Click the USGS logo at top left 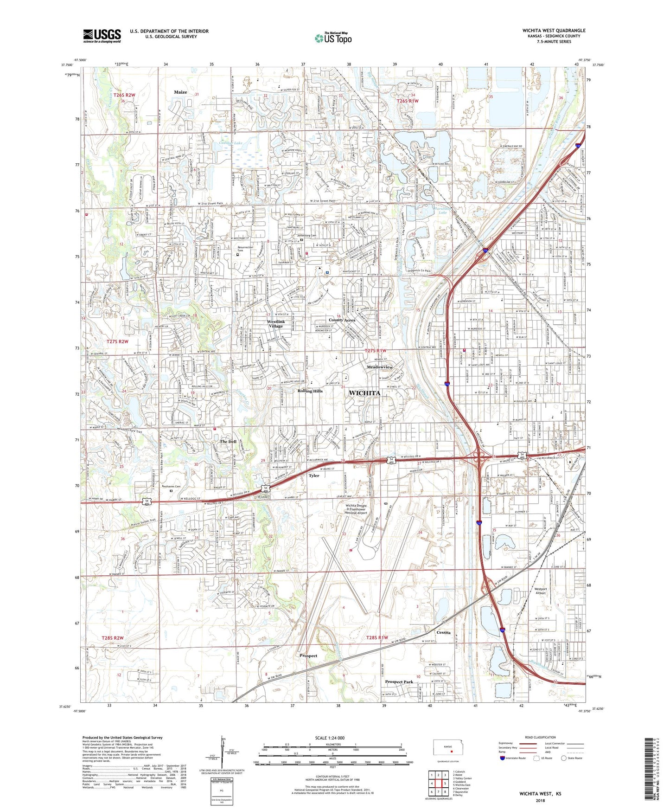(x=102, y=36)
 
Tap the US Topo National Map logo (x=332, y=38)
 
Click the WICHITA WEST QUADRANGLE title (x=554, y=31)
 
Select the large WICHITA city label (x=364, y=393)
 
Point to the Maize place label (x=180, y=92)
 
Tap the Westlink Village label (x=276, y=324)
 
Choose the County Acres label (x=342, y=320)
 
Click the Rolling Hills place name (x=310, y=391)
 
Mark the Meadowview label (x=379, y=367)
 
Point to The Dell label (x=228, y=442)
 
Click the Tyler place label (x=314, y=476)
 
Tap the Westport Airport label (x=540, y=591)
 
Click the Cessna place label (x=444, y=632)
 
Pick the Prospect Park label (x=399, y=682)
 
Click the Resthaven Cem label (x=171, y=486)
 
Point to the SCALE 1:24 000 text (x=329, y=738)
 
